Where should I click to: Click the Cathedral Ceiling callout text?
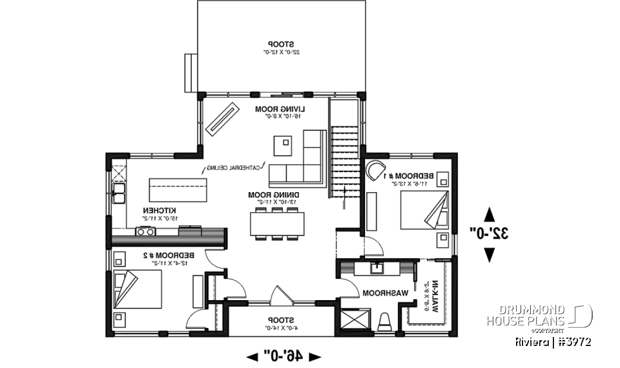tap(233, 168)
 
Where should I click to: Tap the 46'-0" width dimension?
tap(285, 356)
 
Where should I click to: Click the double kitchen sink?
tap(119, 192)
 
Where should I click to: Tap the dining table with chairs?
tap(277, 223)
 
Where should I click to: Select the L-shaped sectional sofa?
tap(304, 162)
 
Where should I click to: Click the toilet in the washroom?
tap(386, 321)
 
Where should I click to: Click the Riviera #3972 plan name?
tap(553, 341)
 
